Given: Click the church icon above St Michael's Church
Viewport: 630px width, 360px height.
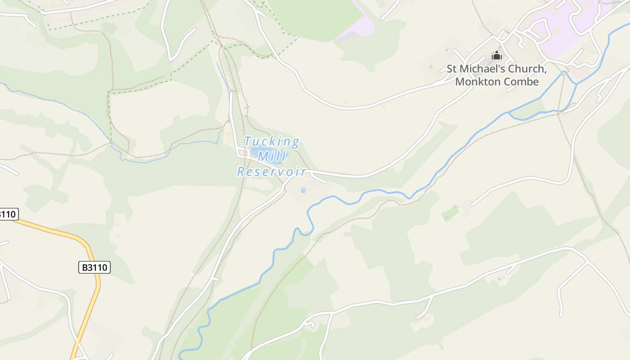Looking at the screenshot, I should pos(497,56).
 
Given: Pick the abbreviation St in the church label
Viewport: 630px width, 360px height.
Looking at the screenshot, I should pos(451,69).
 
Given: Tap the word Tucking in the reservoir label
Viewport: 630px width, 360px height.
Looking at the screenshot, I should pos(272,142).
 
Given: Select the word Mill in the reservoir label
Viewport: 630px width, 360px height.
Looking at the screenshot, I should pos(272,157).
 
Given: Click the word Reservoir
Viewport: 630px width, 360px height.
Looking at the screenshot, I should pos(272,171).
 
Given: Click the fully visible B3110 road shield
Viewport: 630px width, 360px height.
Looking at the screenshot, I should pos(94,267).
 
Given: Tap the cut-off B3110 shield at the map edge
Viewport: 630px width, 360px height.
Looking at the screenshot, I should pos(8,214).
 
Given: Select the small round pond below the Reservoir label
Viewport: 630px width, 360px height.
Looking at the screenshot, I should pos(303,190).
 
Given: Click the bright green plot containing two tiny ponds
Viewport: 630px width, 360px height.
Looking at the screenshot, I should pos(450,213).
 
